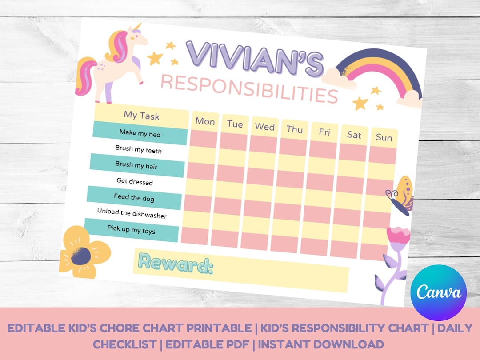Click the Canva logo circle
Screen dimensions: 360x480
tap(439, 292)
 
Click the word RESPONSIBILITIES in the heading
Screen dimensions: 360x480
tap(249, 88)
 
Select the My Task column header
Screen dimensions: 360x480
tap(142, 116)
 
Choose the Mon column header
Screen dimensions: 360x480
tap(205, 121)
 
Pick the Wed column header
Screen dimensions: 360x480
tap(264, 127)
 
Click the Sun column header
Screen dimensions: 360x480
tap(384, 137)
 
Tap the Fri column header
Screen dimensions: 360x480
tap(324, 132)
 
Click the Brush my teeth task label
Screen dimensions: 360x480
tap(139, 149)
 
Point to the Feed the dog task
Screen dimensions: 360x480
tap(134, 198)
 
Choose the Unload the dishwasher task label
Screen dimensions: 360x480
tap(132, 214)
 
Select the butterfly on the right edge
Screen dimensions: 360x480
tap(401, 196)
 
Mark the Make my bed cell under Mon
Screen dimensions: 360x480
tap(204, 139)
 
